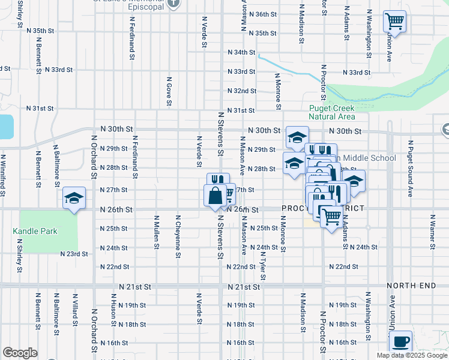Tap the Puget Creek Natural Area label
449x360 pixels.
[x=331, y=112]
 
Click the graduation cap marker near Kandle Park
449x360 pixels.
[x=73, y=198]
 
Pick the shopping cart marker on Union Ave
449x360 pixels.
[x=394, y=22]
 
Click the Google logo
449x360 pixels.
[x=20, y=353]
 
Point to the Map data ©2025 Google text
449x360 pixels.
[x=411, y=355]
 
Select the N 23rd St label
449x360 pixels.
[x=74, y=254]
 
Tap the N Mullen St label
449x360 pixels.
[x=156, y=232]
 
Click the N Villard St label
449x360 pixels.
[x=76, y=307]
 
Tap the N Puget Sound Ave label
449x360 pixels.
[x=411, y=169]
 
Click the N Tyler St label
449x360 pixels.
[x=263, y=265]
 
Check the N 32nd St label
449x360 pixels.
[x=242, y=91]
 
